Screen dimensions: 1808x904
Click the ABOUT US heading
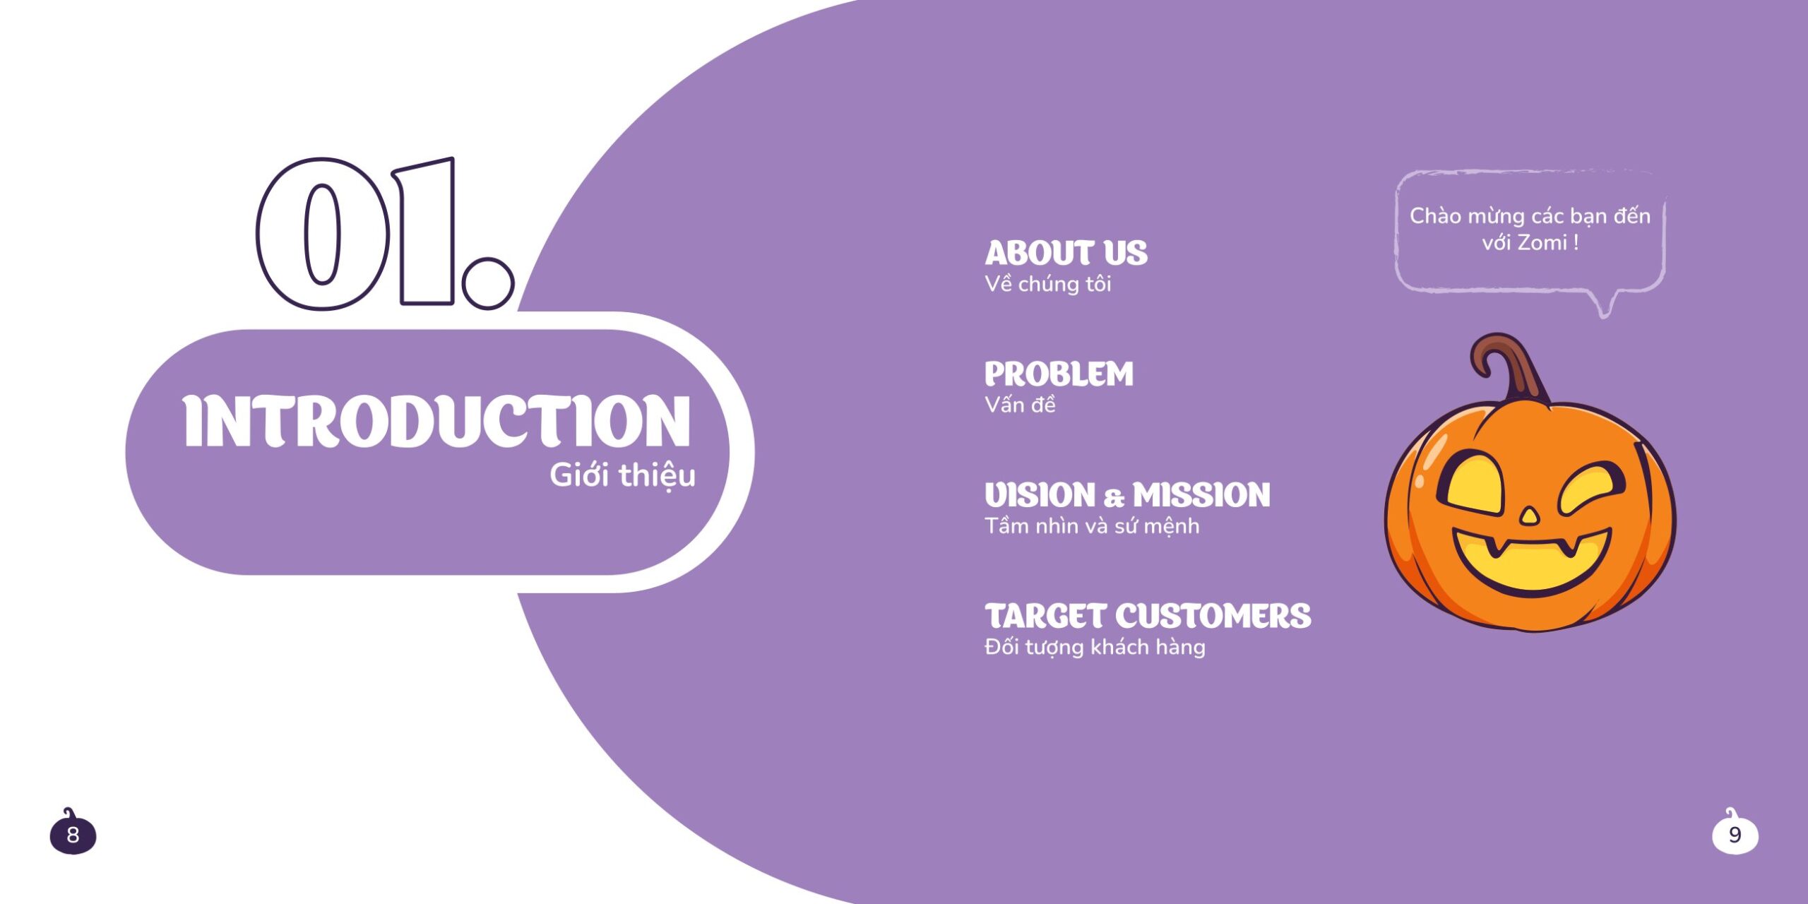click(x=1066, y=253)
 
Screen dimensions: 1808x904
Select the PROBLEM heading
click(x=1059, y=374)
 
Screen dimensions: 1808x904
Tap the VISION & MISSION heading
click(x=1127, y=495)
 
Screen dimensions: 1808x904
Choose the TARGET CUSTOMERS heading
click(x=1148, y=616)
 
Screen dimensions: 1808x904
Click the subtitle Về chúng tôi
click(x=1048, y=284)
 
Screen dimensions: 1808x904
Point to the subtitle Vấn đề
click(x=1020, y=405)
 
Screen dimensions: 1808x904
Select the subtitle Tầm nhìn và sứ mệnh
click(x=1092, y=526)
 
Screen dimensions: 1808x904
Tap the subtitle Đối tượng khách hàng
click(x=1095, y=647)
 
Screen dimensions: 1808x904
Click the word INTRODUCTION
click(x=436, y=422)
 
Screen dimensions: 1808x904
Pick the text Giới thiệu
click(x=622, y=475)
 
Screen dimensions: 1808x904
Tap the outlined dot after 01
click(x=488, y=283)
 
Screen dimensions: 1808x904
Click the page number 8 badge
click(x=73, y=834)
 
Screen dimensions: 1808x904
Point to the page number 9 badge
click(x=1735, y=834)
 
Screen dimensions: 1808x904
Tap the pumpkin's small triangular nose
click(x=1529, y=516)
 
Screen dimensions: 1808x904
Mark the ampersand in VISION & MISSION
click(x=1113, y=498)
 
